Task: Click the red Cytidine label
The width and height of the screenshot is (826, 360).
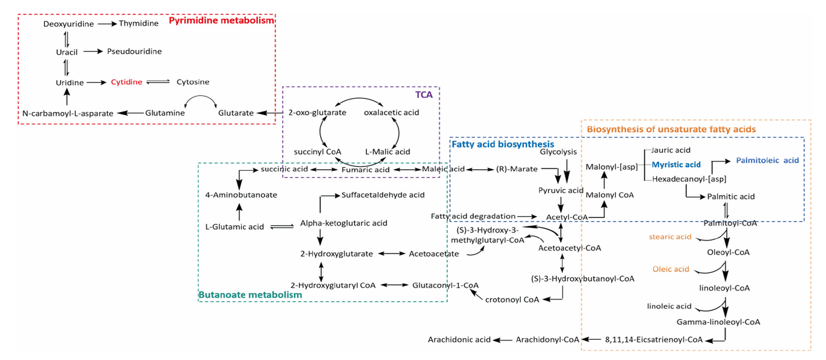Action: pyautogui.click(x=127, y=82)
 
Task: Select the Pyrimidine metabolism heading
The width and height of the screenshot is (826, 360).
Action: pyautogui.click(x=221, y=20)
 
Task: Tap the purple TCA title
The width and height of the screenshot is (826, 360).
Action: pyautogui.click(x=424, y=95)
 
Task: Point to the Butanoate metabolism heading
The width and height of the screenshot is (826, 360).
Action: pyautogui.click(x=250, y=295)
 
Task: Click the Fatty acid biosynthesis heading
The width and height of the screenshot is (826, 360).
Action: pyautogui.click(x=503, y=144)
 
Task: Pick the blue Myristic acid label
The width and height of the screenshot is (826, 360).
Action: pyautogui.click(x=676, y=164)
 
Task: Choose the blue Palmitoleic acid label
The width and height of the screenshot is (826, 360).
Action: pyautogui.click(x=767, y=160)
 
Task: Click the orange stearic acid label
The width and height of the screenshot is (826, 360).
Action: pyautogui.click(x=670, y=237)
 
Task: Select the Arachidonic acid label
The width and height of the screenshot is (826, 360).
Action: pyautogui.click(x=459, y=339)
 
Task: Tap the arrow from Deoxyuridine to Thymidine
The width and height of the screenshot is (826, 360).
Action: pyautogui.click(x=107, y=24)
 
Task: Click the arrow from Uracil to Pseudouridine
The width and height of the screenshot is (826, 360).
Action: pyautogui.click(x=93, y=52)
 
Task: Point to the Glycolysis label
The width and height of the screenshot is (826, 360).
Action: pyautogui.click(x=558, y=152)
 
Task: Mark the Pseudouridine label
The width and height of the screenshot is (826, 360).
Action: pyautogui.click(x=134, y=52)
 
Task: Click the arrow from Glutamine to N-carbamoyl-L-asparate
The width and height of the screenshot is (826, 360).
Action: pyautogui.click(x=130, y=113)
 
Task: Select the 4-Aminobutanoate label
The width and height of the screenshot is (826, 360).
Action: pyautogui.click(x=241, y=195)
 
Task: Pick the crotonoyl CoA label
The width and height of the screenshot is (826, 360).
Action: pyautogui.click(x=512, y=300)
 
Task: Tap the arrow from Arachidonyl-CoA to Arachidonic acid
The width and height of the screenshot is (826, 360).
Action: pyautogui.click(x=503, y=340)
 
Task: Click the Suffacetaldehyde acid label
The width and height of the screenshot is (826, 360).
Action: pyautogui.click(x=383, y=195)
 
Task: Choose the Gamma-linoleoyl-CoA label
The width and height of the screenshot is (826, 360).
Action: pyautogui.click(x=718, y=322)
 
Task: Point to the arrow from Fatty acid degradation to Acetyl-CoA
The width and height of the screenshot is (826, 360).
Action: pyautogui.click(x=527, y=216)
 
